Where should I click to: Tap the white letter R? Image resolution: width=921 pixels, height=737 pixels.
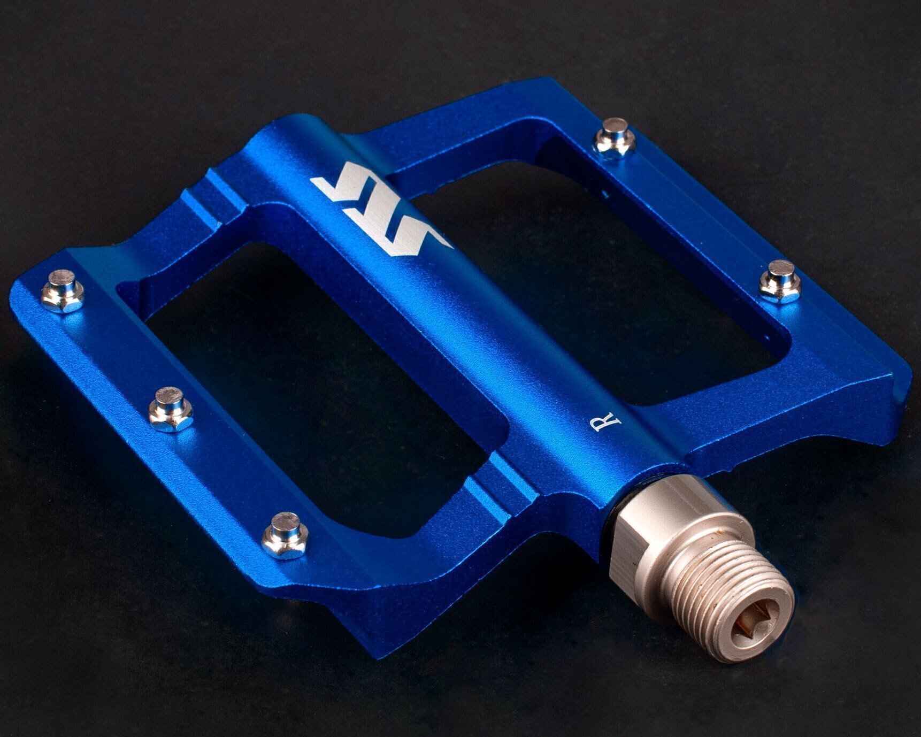[605, 422]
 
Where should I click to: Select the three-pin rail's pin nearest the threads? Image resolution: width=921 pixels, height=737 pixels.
[285, 535]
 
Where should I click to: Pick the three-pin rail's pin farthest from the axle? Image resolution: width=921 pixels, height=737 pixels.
[63, 291]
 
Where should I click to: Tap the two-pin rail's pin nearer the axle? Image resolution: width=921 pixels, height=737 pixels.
[780, 281]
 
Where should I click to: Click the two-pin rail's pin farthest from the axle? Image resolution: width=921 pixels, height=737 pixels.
[615, 137]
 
